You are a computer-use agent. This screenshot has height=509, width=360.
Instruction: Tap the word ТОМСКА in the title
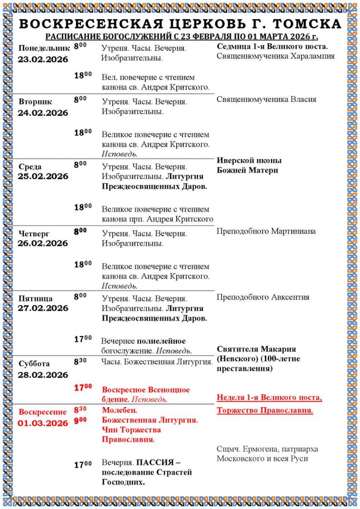tap(308, 24)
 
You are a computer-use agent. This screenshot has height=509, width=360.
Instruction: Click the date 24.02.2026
tap(43, 113)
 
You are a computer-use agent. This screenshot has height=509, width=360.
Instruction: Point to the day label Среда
tap(30, 167)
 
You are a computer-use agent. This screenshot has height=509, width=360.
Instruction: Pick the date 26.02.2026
tap(43, 243)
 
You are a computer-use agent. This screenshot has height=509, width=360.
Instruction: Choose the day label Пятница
tap(35, 298)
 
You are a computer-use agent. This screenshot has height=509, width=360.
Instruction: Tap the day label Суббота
tap(34, 364)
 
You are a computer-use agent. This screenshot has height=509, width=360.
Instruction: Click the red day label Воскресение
tap(43, 412)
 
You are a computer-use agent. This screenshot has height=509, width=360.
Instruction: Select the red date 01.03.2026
tap(43, 423)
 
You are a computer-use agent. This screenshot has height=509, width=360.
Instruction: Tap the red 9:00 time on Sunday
tap(80, 420)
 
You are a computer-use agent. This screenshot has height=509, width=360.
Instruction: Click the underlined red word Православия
tap(286, 410)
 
